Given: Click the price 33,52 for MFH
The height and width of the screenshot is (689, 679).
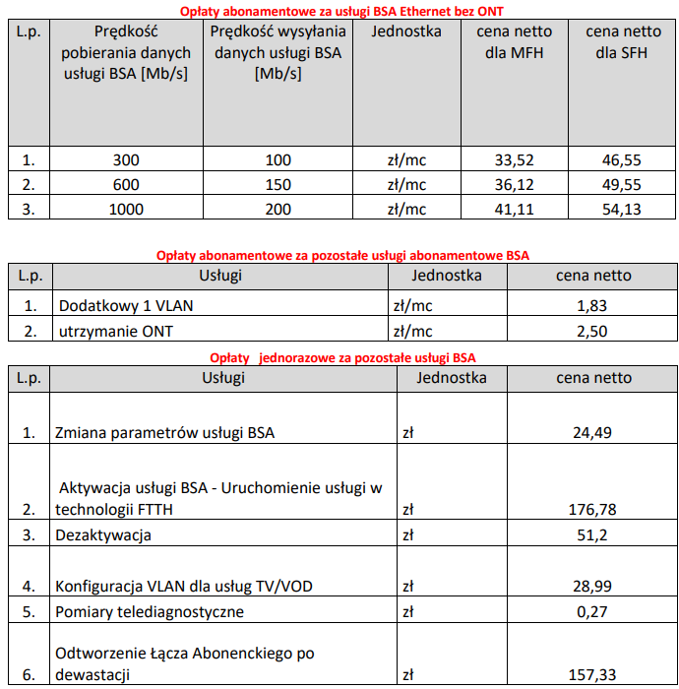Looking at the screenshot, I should click(514, 160).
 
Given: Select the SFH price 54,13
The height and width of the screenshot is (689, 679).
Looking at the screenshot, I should click(622, 209).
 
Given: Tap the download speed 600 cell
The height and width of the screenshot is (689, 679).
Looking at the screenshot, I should click(126, 185).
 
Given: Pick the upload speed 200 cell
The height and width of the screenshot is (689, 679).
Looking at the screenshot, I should click(278, 209).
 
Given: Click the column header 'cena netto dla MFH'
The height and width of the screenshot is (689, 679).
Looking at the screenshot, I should click(514, 42).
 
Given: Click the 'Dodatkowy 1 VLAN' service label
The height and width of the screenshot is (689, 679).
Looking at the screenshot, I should click(125, 306).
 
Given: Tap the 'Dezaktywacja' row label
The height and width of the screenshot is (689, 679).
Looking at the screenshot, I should click(103, 535).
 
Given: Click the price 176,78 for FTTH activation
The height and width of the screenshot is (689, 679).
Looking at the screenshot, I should click(593, 509).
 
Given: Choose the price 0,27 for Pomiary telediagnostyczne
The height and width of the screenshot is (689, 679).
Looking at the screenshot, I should click(593, 611).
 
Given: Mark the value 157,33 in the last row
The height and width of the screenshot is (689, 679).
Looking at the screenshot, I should click(593, 674).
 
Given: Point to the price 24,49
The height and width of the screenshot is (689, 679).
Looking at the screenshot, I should click(593, 432).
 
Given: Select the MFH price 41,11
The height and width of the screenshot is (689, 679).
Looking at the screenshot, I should click(514, 209).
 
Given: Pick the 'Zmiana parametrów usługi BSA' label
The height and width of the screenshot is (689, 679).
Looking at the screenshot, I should click(164, 432).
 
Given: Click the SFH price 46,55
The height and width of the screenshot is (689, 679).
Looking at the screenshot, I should click(622, 160).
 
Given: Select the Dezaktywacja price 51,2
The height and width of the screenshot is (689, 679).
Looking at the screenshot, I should click(593, 535).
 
